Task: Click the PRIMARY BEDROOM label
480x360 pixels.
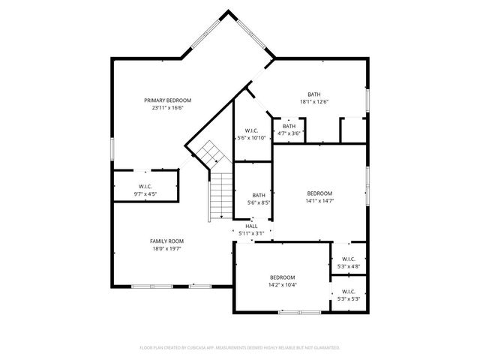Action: pos(168,100)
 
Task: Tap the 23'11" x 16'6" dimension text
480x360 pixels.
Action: pos(168,107)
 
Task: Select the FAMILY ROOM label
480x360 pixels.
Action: pos(166,241)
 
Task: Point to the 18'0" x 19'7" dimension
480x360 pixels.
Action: pos(166,248)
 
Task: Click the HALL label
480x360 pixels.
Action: pos(251,226)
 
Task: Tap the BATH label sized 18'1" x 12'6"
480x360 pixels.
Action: pos(314,94)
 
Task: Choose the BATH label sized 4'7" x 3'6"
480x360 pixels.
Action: pos(289,126)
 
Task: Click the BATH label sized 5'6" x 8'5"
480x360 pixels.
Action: pos(259,195)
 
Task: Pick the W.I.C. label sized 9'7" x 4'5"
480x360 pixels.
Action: pos(145,186)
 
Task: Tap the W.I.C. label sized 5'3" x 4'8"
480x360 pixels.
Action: pos(349,259)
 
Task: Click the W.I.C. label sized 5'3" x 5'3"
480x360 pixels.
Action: pos(349,292)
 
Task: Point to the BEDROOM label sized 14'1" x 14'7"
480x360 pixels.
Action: pos(319,193)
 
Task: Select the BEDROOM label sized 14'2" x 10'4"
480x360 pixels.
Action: pos(283,277)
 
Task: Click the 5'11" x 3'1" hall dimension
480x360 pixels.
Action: pos(251,233)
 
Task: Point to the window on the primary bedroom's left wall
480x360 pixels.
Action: pos(112,148)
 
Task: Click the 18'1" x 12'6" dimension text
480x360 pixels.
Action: pos(314,102)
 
